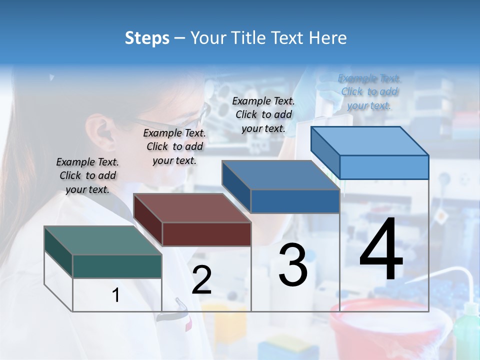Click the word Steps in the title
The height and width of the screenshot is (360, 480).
[147, 38]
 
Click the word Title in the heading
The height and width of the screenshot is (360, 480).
[248, 38]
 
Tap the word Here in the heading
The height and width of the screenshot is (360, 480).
[327, 38]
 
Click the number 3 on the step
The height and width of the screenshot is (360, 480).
[293, 265]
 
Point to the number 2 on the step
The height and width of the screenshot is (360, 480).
[201, 280]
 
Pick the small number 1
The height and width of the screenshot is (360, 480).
[116, 295]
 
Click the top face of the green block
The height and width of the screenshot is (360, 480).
[102, 240]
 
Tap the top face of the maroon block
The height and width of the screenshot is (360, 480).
[192, 208]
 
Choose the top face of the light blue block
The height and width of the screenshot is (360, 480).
[370, 141]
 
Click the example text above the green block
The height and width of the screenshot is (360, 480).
[87, 175]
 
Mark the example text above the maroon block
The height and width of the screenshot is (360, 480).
[174, 146]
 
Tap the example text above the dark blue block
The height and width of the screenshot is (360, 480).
[263, 114]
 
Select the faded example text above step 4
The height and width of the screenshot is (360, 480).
[369, 91]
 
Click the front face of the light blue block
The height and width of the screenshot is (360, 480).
[384, 167]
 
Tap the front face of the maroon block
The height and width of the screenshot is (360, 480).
[206, 234]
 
